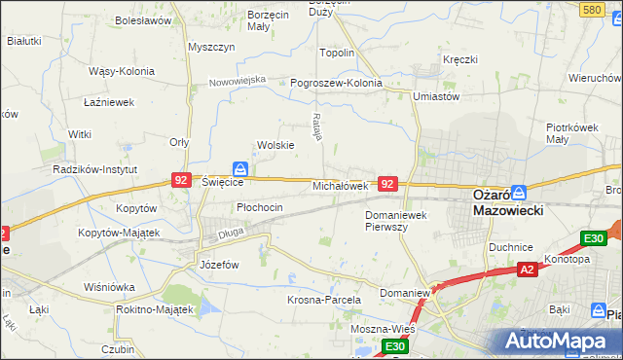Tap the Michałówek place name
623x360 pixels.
(x=339, y=185)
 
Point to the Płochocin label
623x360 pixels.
(x=260, y=207)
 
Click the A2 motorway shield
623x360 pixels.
(x=527, y=270)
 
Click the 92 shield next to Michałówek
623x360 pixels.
(x=388, y=183)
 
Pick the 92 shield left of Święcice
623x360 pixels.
(x=181, y=180)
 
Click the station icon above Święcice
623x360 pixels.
(x=239, y=168)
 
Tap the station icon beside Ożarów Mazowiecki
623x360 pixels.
(x=520, y=193)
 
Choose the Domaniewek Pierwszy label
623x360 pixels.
(x=399, y=220)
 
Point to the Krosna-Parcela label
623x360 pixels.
(x=324, y=301)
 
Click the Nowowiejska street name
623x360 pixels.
(x=238, y=81)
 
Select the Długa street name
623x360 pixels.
(x=231, y=233)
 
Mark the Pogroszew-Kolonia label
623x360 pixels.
(x=337, y=83)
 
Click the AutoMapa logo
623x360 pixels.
(x=558, y=341)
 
